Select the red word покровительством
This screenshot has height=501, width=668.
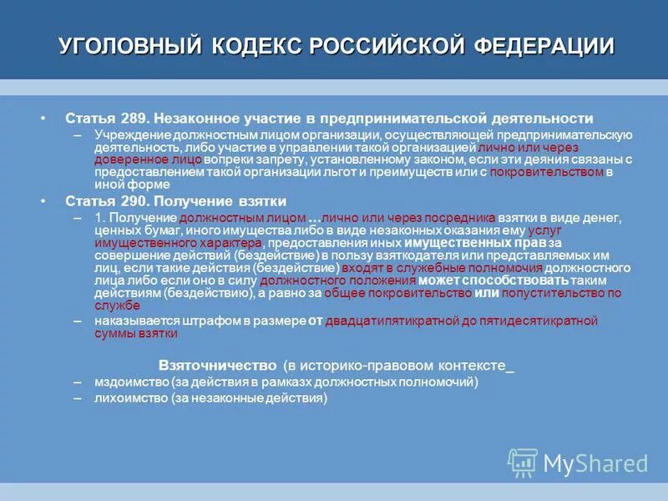click(547, 172)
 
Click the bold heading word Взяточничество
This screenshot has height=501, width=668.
click(217, 366)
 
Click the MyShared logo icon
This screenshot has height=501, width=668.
click(523, 463)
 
